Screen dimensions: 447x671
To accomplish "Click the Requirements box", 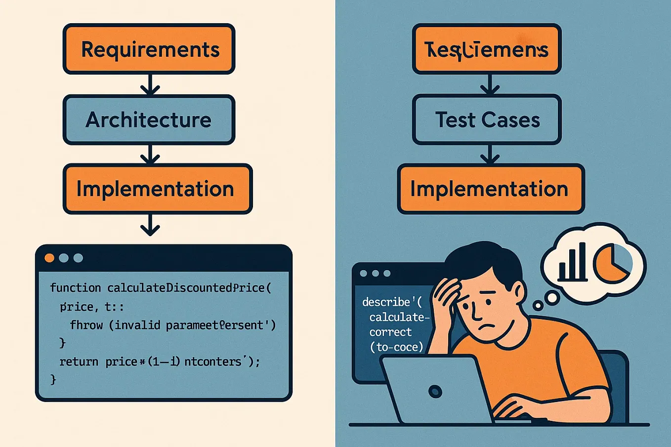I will pyautogui.click(x=149, y=49).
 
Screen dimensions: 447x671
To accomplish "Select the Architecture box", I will pyautogui.click(x=149, y=120).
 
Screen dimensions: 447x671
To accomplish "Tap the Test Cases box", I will pyautogui.click(x=487, y=120).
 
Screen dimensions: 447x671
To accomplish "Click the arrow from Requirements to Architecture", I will pyautogui.click(x=150, y=84).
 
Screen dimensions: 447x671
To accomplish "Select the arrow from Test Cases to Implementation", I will pyautogui.click(x=489, y=155).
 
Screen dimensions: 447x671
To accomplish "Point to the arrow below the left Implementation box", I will pyautogui.click(x=150, y=225).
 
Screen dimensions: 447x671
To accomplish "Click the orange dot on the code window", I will pyautogui.click(x=49, y=258).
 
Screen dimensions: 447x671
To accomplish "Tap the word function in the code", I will pyautogui.click(x=75, y=288).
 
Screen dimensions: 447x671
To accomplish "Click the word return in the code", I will pyautogui.click(x=79, y=362).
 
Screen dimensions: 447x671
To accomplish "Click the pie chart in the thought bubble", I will pyautogui.click(x=612, y=263).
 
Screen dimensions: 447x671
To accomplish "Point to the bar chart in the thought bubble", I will pyautogui.click(x=572, y=264).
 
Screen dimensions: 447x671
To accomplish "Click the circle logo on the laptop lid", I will pyautogui.click(x=435, y=392).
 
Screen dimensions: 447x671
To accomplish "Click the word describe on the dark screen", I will pyautogui.click(x=386, y=302).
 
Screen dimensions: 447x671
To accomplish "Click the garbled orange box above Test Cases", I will pyautogui.click(x=487, y=49).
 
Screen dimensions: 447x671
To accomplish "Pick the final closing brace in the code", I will pyautogui.click(x=53, y=379).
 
